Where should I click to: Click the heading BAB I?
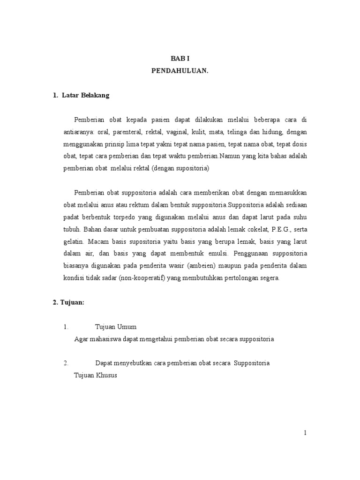180,58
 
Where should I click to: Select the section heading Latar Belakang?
89,95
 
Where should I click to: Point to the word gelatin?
74,241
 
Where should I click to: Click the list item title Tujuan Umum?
115,327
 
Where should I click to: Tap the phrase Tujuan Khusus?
95,375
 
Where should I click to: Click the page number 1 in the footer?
305,433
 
